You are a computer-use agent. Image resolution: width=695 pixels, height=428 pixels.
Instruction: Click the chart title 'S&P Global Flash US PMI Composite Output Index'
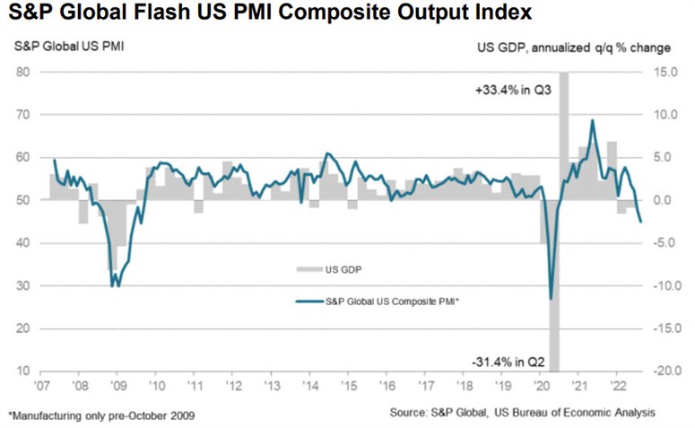tap(265, 14)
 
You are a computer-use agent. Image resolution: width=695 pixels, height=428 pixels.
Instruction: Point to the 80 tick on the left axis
tap(22, 72)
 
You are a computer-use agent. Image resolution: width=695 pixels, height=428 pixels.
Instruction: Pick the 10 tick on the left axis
tap(22, 371)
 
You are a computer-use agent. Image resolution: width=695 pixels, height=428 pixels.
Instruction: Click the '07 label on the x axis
tap(42, 387)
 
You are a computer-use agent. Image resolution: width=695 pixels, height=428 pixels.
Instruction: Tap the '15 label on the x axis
tap(346, 387)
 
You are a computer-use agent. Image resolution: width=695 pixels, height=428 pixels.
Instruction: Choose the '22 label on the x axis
tap(616, 387)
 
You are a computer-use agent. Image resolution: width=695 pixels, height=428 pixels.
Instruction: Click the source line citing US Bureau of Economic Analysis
tap(523, 413)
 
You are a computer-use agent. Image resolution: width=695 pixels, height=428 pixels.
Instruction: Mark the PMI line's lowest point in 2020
tap(550, 299)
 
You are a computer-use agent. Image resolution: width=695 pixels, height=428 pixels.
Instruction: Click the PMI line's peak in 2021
tap(592, 120)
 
